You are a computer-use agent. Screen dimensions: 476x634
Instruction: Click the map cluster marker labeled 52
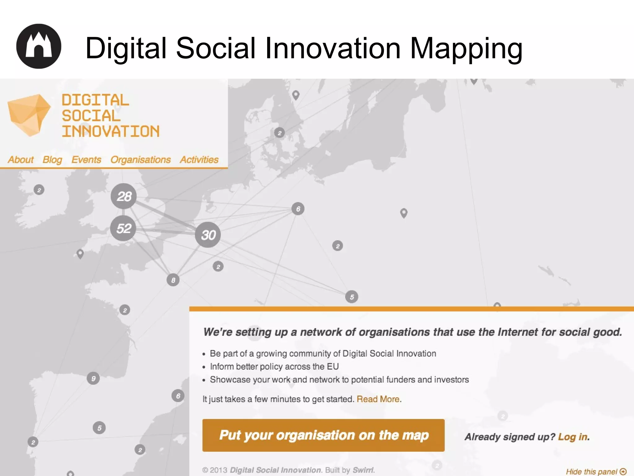[123, 228]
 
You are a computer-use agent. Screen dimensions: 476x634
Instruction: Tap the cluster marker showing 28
[124, 196]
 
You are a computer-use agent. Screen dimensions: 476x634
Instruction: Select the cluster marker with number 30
[208, 235]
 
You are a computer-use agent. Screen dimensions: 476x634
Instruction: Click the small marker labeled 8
[173, 280]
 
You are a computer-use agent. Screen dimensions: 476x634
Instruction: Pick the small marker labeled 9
[93, 378]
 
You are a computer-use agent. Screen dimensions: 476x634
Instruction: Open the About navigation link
[21, 160]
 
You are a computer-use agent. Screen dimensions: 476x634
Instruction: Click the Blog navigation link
[52, 160]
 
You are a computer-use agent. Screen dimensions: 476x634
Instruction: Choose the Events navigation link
[86, 160]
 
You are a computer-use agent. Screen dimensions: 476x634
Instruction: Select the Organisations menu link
[141, 160]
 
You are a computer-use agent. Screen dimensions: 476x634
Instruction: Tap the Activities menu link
[199, 160]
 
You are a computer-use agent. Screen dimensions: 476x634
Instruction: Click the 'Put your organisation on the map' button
[323, 435]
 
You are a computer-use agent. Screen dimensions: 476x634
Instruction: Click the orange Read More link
[378, 399]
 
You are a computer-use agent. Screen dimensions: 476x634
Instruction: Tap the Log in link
[573, 437]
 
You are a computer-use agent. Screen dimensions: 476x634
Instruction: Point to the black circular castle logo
[39, 46]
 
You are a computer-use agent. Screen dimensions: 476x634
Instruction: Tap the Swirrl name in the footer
[363, 470]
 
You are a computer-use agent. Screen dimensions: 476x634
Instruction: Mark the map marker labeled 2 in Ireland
[39, 190]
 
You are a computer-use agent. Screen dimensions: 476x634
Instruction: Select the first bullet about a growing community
[323, 354]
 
